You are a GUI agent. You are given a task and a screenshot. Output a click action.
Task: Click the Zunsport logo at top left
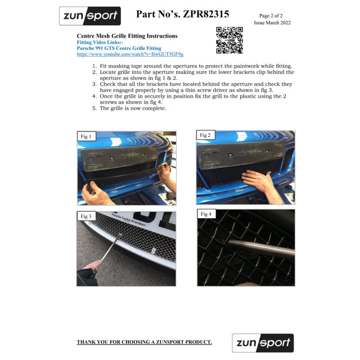click(x=90, y=16)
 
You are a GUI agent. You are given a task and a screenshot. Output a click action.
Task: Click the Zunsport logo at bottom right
click(x=262, y=343)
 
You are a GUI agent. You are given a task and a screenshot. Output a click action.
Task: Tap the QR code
click(x=229, y=40)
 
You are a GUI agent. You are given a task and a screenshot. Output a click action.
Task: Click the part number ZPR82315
click(x=183, y=14)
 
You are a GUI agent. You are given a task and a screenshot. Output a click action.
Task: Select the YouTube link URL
click(x=130, y=54)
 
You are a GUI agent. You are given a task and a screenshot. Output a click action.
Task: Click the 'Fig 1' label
click(x=86, y=137)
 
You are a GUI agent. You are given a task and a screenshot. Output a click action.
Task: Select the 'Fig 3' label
click(x=86, y=217)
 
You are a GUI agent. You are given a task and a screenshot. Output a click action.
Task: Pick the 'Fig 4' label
click(x=206, y=214)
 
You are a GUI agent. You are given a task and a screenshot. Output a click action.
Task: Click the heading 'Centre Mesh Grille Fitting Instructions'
click(x=127, y=36)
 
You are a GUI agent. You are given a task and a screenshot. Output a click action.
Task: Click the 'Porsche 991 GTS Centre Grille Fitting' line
click(x=119, y=48)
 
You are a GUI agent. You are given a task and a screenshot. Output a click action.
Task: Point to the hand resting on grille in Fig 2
click(x=257, y=179)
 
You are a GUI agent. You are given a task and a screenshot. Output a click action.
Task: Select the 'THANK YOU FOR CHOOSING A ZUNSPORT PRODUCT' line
click(x=144, y=342)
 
